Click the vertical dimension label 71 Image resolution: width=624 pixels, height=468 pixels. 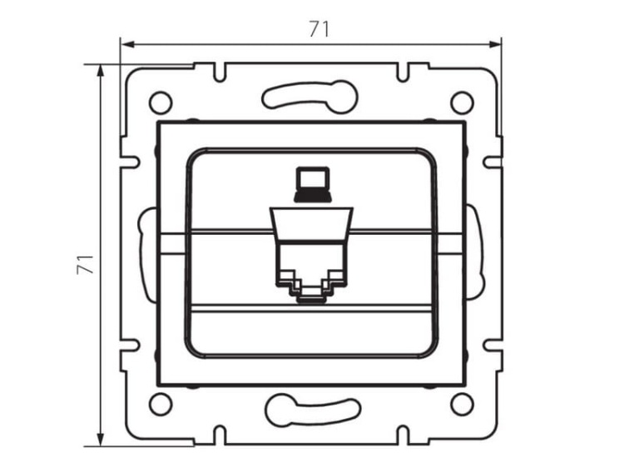pyautogui.click(x=82, y=265)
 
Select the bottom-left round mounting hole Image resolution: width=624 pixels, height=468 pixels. pyautogui.click(x=160, y=404)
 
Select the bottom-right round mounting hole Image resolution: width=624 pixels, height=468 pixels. pyautogui.click(x=462, y=404)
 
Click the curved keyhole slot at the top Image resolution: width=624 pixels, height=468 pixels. pyautogui.click(x=311, y=97)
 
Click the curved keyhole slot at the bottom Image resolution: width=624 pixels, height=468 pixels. pyautogui.click(x=311, y=410)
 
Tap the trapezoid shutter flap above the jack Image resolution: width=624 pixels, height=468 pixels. pyautogui.click(x=311, y=222)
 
